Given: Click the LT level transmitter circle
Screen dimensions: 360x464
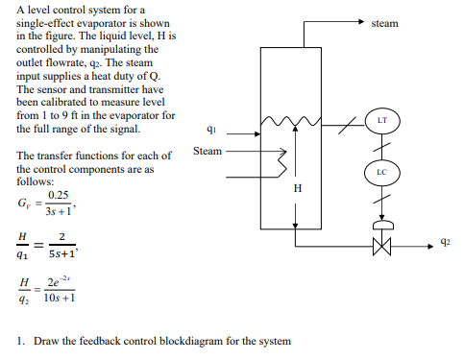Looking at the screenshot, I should click(x=381, y=122).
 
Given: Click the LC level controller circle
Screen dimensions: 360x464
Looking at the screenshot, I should click(x=381, y=173).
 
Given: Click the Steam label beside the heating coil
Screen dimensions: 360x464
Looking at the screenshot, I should click(x=208, y=151).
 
